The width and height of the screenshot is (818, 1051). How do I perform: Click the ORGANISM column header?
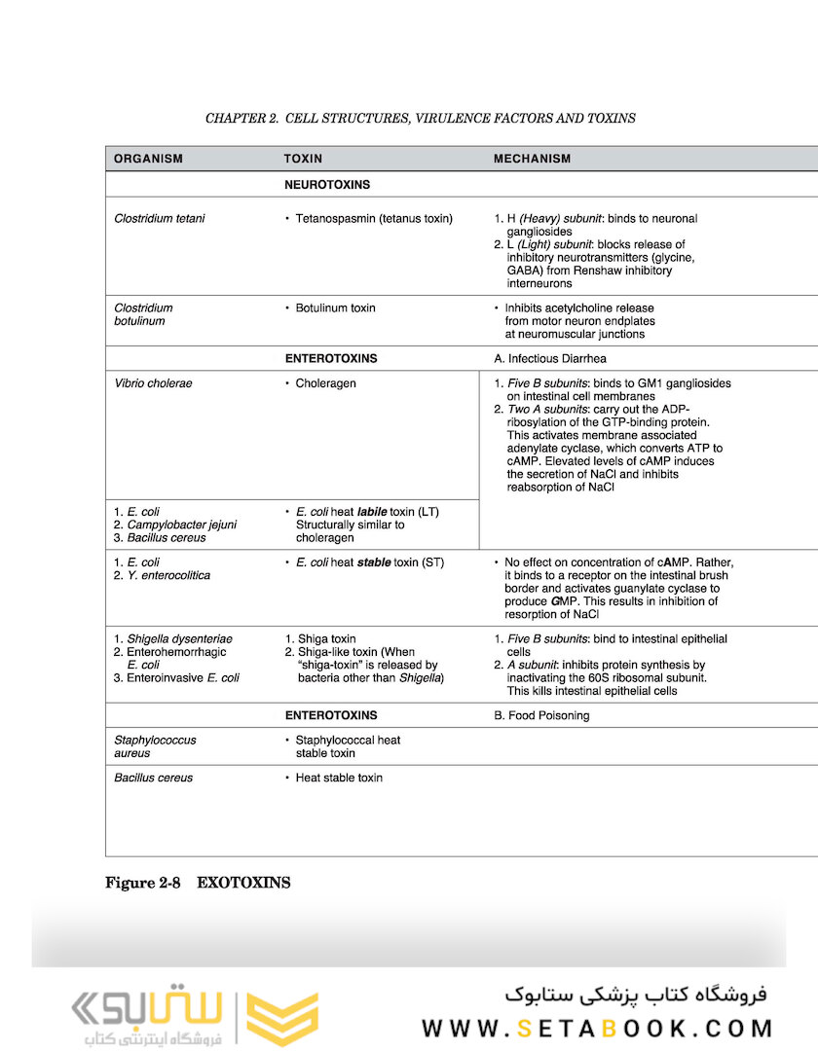(x=148, y=159)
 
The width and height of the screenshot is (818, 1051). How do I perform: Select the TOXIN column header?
(x=303, y=159)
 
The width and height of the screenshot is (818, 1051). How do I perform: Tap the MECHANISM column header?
(x=532, y=159)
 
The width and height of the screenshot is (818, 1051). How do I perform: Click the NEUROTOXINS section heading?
(x=326, y=184)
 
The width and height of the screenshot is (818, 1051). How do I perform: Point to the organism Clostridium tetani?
(x=160, y=219)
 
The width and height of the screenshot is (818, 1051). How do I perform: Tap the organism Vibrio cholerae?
(x=153, y=383)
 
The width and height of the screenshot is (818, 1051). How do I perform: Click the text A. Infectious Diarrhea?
(x=549, y=358)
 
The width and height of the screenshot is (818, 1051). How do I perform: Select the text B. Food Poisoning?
(x=541, y=715)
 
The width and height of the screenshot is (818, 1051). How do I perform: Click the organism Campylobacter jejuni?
(x=181, y=525)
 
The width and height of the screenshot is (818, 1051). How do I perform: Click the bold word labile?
(x=372, y=512)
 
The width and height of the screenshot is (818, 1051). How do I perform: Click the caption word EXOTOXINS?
(x=243, y=884)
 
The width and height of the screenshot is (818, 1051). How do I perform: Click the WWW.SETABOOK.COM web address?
(x=597, y=1029)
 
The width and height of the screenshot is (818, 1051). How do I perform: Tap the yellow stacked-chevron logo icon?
(x=281, y=1019)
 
